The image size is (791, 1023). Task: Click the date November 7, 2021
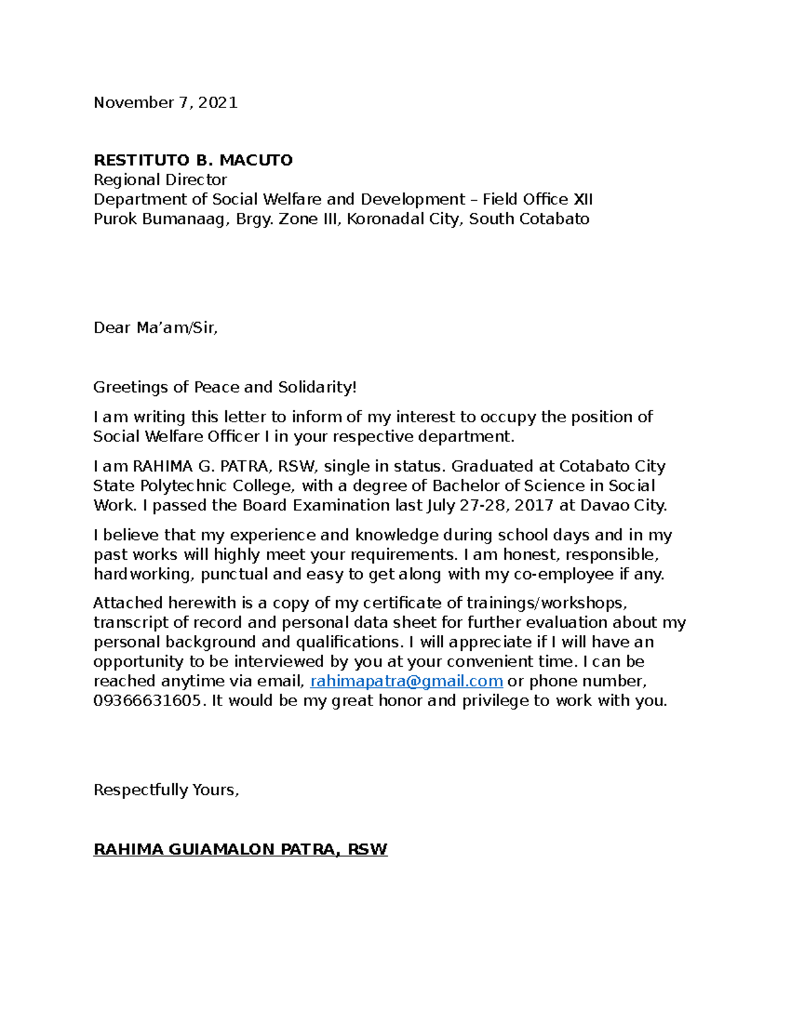click(x=165, y=102)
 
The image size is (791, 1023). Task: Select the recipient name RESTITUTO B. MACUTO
click(x=193, y=160)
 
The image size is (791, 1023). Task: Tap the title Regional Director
click(x=160, y=180)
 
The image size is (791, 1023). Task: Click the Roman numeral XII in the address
click(x=583, y=199)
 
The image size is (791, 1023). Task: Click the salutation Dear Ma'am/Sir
click(x=156, y=327)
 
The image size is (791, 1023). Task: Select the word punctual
click(x=234, y=574)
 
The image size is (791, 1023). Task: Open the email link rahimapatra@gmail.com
click(x=406, y=680)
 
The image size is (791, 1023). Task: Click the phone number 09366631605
click(x=147, y=700)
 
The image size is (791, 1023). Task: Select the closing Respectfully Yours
click(x=166, y=789)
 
